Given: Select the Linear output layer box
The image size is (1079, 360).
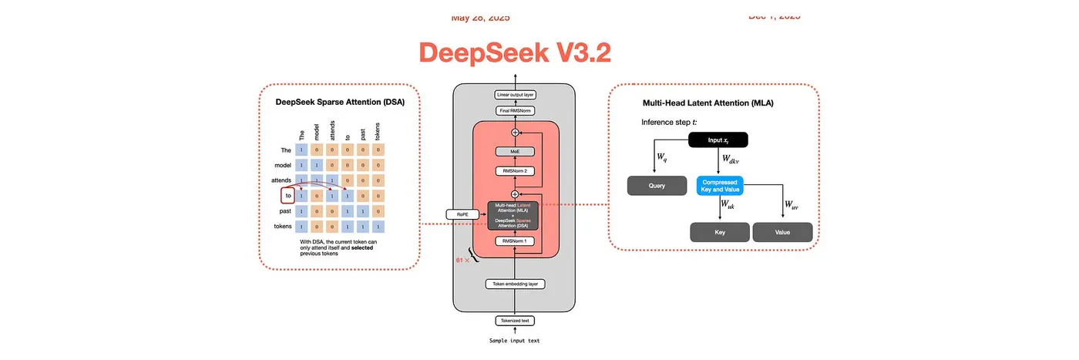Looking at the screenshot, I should [x=515, y=95].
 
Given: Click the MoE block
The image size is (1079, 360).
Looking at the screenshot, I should [x=515, y=151].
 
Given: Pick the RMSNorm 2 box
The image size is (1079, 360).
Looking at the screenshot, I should [x=515, y=170].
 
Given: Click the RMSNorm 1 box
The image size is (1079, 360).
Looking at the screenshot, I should [x=515, y=241].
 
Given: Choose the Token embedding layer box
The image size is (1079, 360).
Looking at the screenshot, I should [x=515, y=284].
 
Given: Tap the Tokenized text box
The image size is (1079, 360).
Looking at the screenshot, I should [x=515, y=321].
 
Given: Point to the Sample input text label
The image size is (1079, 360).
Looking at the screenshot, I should [x=515, y=340].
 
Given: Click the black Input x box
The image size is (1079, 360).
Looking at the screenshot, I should [x=718, y=140].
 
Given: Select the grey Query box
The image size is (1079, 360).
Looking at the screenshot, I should [x=657, y=186].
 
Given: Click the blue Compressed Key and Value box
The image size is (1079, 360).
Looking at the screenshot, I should [x=721, y=186].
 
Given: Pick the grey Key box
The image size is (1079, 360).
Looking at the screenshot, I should [x=718, y=232].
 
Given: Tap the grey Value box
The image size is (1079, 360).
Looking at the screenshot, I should [x=782, y=232].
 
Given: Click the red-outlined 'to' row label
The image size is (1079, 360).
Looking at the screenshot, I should [x=287, y=196].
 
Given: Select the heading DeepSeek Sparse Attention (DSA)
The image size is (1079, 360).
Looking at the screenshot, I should [x=340, y=101].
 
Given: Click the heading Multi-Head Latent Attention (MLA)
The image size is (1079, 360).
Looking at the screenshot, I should [x=708, y=103].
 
